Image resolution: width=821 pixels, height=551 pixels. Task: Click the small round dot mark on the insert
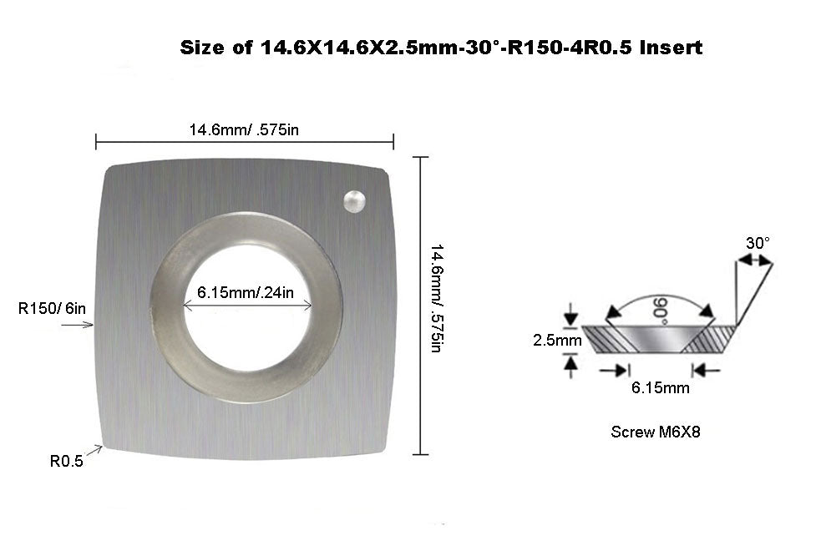[354, 200]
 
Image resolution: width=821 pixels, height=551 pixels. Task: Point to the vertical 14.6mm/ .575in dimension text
[435, 297]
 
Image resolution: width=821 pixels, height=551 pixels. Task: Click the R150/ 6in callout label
[52, 309]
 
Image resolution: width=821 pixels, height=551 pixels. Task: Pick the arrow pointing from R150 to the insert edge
[80, 326]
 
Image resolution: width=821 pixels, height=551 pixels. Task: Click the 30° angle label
[758, 243]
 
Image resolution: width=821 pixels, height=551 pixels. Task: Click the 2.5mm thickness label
[557, 341]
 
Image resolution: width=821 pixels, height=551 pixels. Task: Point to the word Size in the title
[203, 48]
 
